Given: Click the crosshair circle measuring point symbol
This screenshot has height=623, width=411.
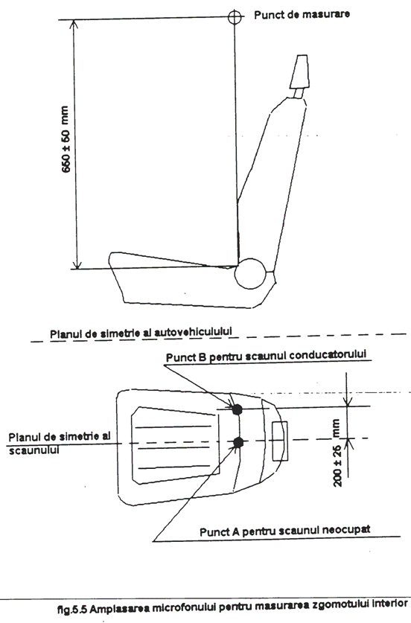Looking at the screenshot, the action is (x=235, y=16).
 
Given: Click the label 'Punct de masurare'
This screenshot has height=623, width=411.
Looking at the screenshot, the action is (x=302, y=15).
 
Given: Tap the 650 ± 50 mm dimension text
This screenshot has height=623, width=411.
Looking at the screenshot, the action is (x=66, y=139).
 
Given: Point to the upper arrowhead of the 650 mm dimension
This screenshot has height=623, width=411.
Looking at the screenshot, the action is (x=74, y=24).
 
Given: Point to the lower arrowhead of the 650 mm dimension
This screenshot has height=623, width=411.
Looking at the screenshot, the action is (x=78, y=263).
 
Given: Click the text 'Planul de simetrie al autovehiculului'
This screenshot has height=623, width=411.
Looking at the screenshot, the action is (x=141, y=333).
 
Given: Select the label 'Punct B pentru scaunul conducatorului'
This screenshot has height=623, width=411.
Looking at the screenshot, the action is (x=266, y=356).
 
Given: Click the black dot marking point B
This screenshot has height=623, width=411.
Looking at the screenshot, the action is (x=238, y=409).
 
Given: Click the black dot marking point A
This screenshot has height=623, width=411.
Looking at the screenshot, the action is (x=238, y=442).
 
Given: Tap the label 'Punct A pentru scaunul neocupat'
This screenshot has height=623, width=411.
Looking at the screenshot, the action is (x=284, y=531).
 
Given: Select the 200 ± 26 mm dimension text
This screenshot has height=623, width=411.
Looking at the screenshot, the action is (x=337, y=453).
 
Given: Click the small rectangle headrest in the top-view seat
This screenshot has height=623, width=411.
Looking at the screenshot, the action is (x=280, y=441).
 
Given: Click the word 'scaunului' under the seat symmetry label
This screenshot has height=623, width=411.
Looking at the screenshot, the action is (x=34, y=450).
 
